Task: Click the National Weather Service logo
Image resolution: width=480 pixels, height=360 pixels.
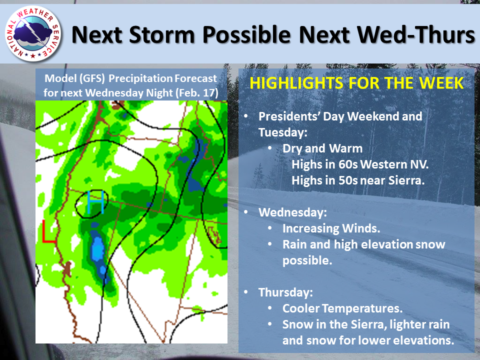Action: [33, 33]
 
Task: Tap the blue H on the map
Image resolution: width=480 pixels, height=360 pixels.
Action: [95, 202]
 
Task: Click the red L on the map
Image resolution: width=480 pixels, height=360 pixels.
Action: [48, 231]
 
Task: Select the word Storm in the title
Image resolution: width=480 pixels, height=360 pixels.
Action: [162, 34]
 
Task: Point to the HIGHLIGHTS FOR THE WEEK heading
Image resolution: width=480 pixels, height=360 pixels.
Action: [356, 83]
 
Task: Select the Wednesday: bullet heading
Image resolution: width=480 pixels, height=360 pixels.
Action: [292, 212]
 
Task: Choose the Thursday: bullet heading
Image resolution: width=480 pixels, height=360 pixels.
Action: [285, 292]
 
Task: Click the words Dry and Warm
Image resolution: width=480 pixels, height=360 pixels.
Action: [322, 148]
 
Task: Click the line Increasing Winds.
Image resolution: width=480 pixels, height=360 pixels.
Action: [331, 228]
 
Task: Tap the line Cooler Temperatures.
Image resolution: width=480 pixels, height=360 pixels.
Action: [342, 308]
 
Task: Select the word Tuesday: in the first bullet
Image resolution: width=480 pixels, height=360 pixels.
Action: [282, 132]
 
